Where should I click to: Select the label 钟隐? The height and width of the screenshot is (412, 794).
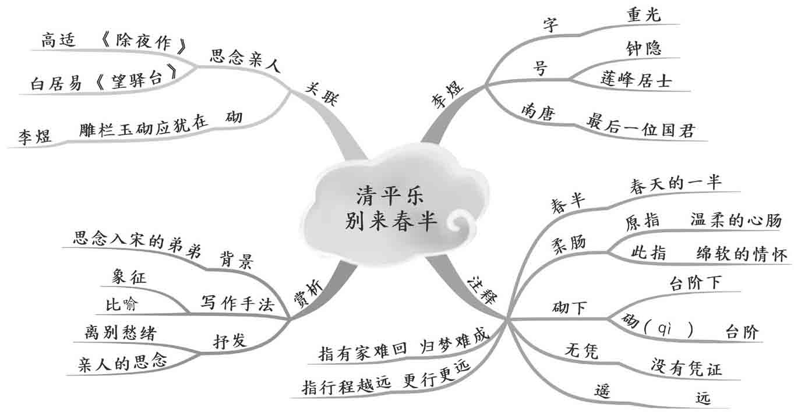pyautogui.click(x=644, y=48)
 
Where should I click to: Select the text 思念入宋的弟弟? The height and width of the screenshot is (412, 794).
pyautogui.click(x=137, y=239)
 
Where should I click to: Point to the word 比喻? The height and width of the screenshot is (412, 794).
pyautogui.click(x=123, y=304)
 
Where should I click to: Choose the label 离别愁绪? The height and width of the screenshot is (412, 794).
pyautogui.click(x=120, y=333)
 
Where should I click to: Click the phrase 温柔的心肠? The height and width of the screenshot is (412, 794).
pyautogui.click(x=735, y=221)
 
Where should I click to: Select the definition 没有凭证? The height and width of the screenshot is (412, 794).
pyautogui.click(x=686, y=368)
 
